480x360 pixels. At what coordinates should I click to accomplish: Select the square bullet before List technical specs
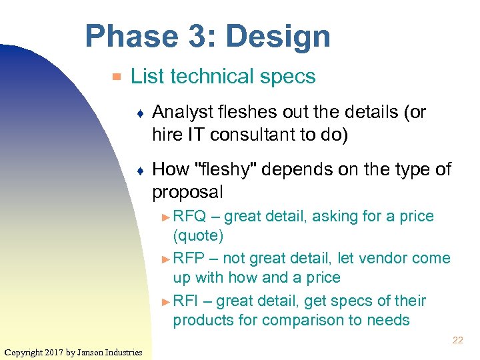point(117,77)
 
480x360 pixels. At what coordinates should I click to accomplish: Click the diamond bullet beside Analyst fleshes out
point(138,113)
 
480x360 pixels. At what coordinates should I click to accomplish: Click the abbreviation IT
point(199,134)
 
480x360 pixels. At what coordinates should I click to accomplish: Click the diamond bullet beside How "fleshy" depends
point(138,171)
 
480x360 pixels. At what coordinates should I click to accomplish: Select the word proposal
point(187,192)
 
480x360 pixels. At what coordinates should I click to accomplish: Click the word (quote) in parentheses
point(198,235)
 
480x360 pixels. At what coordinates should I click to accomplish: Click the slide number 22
point(457,340)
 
